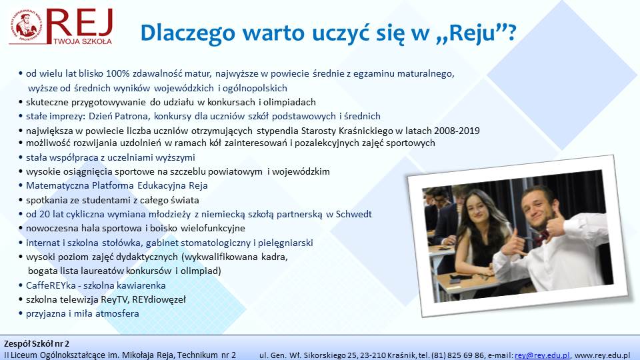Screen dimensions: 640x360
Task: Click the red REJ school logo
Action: point(61,27)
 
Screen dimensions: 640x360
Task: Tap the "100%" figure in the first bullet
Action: point(117,74)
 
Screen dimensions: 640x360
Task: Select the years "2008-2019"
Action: point(457,131)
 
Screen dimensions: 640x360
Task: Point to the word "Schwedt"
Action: point(353,214)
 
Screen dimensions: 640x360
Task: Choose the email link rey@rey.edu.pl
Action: point(542,355)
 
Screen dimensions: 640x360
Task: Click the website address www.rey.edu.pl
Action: point(603,355)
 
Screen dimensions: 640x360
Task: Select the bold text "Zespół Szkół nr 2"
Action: point(37,344)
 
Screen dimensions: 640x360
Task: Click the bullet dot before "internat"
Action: point(21,243)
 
